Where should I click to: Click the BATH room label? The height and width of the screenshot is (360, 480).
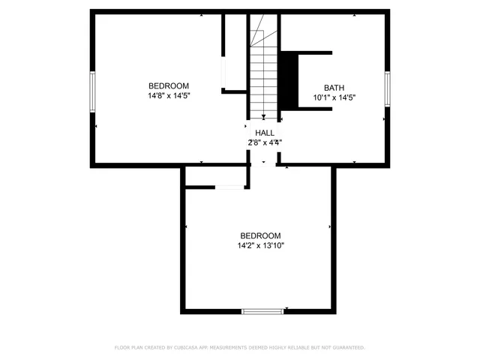[x=334, y=87]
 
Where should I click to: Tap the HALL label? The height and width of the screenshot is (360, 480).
[x=265, y=132]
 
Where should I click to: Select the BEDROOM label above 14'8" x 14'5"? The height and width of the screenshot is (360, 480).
[x=169, y=85]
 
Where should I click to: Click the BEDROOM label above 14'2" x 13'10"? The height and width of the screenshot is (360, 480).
[x=260, y=235]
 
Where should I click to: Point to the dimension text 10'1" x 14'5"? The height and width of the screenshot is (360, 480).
[x=334, y=97]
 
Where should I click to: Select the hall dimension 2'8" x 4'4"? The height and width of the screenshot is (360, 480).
[x=265, y=142]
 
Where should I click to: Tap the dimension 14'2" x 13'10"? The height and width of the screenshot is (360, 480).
[x=261, y=245]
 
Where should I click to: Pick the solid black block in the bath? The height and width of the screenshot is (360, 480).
[x=289, y=81]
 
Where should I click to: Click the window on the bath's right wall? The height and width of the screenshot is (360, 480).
[x=388, y=87]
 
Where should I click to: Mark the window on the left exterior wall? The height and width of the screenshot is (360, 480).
[x=92, y=91]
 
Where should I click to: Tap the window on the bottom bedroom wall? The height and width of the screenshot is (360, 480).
[x=263, y=310]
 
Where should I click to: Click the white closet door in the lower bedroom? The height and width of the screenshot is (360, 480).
[x=231, y=187]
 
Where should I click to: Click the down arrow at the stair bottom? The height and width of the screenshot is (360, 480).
[x=264, y=116]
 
